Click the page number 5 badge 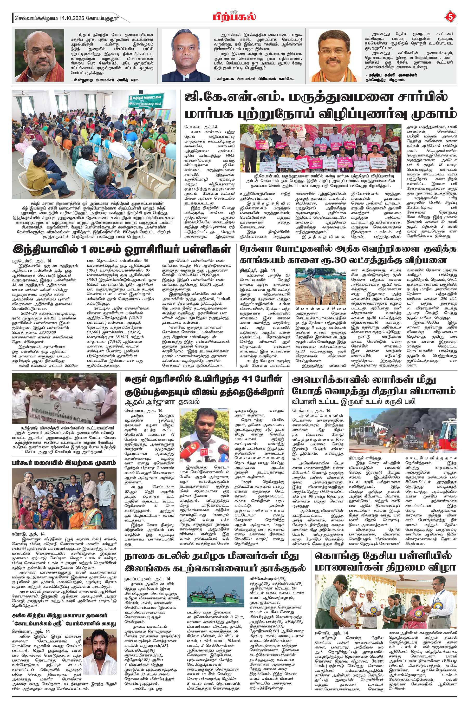(450, 17)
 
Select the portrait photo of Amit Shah (39, 55)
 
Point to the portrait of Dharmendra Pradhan (335, 55)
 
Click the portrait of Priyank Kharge (186, 55)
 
